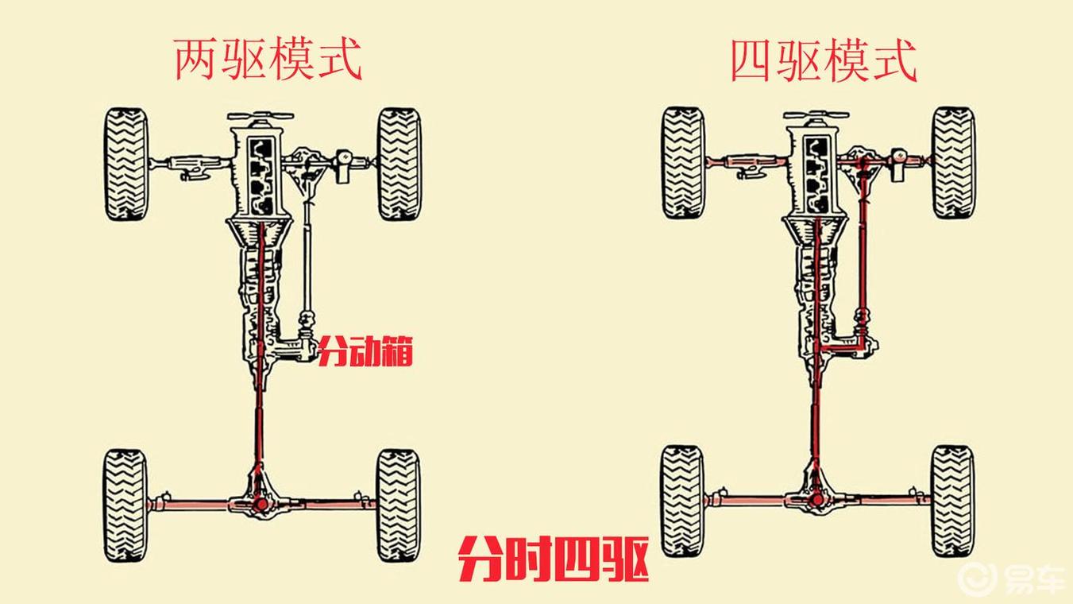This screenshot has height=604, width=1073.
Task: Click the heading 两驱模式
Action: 268,60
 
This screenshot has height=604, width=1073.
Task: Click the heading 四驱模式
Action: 824,60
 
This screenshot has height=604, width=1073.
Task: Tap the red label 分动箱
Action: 365,351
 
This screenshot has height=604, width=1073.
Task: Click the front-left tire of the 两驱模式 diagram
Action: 125,164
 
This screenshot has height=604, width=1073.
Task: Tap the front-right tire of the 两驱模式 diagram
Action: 399,164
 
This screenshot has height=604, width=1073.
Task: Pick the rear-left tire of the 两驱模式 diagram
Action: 125,506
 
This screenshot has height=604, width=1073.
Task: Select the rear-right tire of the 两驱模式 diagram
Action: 399,506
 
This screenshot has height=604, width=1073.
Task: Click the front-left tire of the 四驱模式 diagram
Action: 683,163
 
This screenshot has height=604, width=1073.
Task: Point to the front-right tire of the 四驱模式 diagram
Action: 954,163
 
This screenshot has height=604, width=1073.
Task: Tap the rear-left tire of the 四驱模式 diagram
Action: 683,501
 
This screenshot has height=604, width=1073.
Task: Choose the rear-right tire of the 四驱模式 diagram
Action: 953,501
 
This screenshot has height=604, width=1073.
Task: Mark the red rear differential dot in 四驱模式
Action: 817,501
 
